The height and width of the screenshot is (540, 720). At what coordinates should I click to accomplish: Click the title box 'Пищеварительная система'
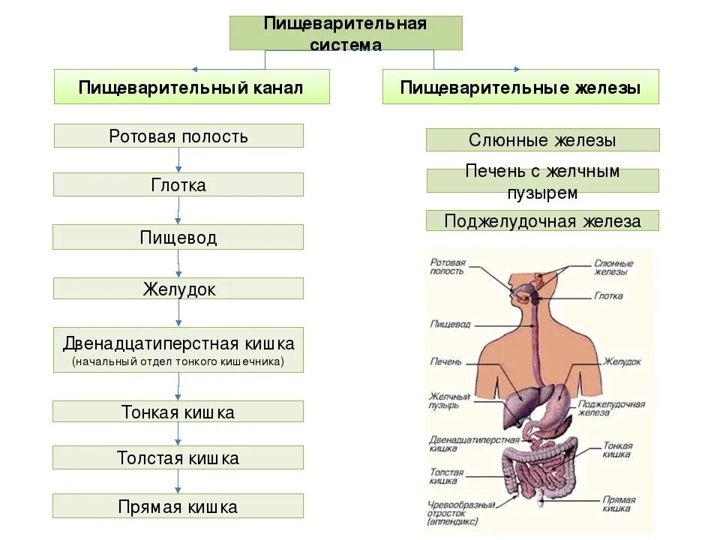tap(346, 33)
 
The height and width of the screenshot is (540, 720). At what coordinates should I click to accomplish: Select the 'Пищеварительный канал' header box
tap(191, 87)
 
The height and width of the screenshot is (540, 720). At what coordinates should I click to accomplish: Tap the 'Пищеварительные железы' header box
tap(520, 87)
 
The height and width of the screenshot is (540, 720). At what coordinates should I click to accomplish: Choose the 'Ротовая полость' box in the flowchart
tap(178, 136)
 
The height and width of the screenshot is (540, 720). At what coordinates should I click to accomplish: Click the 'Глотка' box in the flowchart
tap(178, 184)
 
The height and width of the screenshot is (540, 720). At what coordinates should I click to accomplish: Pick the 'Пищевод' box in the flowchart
tap(178, 238)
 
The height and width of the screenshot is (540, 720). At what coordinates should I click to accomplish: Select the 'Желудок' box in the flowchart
tap(178, 289)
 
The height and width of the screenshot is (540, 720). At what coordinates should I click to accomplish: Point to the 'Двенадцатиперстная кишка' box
tap(178, 349)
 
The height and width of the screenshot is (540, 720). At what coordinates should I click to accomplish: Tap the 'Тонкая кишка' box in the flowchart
tap(178, 412)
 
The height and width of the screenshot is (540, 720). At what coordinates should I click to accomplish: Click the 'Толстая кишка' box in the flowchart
tap(178, 457)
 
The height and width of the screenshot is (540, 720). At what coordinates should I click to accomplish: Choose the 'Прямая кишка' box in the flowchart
tap(178, 506)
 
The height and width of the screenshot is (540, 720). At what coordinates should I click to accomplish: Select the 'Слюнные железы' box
tap(542, 140)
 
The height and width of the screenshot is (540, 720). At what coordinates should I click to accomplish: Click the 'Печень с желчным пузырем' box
tap(542, 181)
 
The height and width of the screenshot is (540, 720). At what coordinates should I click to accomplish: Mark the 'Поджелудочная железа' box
tap(542, 220)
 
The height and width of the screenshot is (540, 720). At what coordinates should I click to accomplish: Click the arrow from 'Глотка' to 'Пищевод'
tap(178, 211)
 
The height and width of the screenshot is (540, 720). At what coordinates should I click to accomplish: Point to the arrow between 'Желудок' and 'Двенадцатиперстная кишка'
tap(178, 313)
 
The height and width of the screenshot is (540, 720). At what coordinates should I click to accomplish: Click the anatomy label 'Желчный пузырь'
tap(449, 400)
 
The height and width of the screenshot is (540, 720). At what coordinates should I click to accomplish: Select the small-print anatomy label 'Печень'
tap(445, 361)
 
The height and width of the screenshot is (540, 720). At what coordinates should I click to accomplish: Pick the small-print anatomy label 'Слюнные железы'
tap(613, 268)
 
